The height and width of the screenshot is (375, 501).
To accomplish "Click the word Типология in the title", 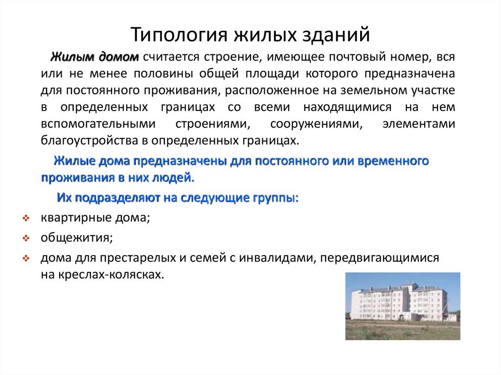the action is point(179,35).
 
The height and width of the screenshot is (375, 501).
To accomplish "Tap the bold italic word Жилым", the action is point(72,57).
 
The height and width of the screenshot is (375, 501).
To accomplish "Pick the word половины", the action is point(163,74).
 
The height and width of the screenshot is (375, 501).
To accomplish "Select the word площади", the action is point(272,74).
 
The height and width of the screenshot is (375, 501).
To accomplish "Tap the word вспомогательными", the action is point(98,124).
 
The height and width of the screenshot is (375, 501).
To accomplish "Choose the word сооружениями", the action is point(317,124).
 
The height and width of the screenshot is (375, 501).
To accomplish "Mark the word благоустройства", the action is point(90,141).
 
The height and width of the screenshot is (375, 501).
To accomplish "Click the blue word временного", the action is point(393,161).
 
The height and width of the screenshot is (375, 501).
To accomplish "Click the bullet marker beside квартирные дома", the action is point(26,219).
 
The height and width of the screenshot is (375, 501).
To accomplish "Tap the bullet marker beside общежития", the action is point(26,238).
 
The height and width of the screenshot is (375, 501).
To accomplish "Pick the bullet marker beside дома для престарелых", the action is point(26,258).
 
